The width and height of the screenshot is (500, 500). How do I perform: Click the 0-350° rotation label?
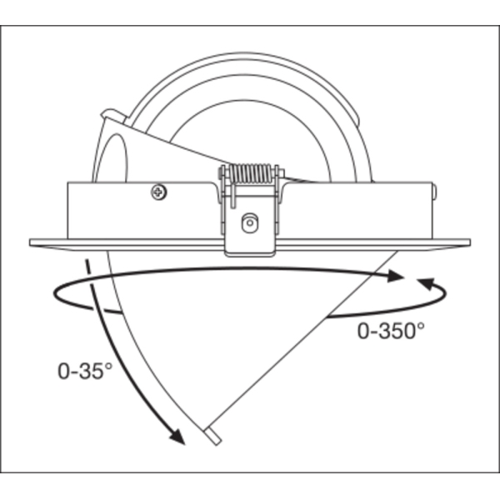[391, 331]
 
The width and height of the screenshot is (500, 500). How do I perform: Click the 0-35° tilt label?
[85, 371]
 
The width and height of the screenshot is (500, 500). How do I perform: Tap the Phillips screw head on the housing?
[159, 192]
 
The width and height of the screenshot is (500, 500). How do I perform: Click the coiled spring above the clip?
[251, 174]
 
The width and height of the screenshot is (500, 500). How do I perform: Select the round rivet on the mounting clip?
[250, 222]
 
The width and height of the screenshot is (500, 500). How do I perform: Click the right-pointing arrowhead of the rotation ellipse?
[395, 276]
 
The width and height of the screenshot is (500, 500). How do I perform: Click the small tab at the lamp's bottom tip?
[213, 436]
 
